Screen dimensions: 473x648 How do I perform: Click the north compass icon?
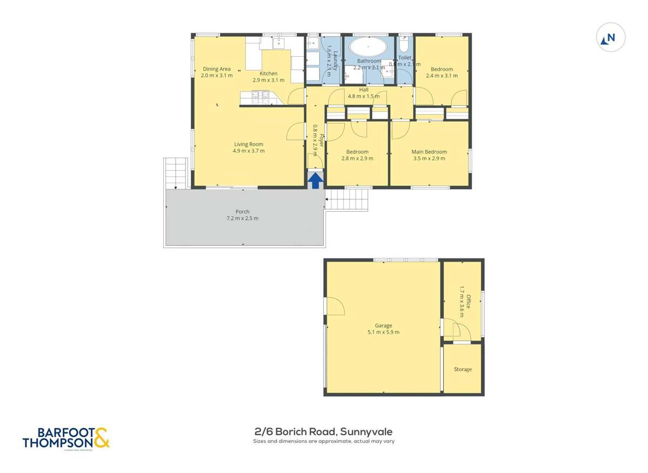coord(610,38)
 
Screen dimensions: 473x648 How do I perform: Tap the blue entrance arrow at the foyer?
coord(316,179)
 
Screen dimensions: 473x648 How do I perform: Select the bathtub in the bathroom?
coord(368,47)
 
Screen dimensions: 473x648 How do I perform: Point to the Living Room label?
coord(249,144)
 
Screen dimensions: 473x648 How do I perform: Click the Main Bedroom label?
coord(429,152)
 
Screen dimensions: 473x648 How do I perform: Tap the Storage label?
coord(463,369)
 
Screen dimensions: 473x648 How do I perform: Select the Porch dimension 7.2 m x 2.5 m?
coord(243,218)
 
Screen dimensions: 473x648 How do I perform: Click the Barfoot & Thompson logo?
coord(66,437)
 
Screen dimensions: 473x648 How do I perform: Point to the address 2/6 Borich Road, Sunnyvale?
coord(323,431)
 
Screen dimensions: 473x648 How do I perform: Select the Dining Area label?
coord(217,69)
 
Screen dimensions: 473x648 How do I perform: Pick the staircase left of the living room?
coord(176,172)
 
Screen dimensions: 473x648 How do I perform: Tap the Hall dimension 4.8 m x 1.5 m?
coord(368,96)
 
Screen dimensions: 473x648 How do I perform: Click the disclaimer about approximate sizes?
coord(323,441)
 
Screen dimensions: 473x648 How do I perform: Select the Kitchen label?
coord(269,74)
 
